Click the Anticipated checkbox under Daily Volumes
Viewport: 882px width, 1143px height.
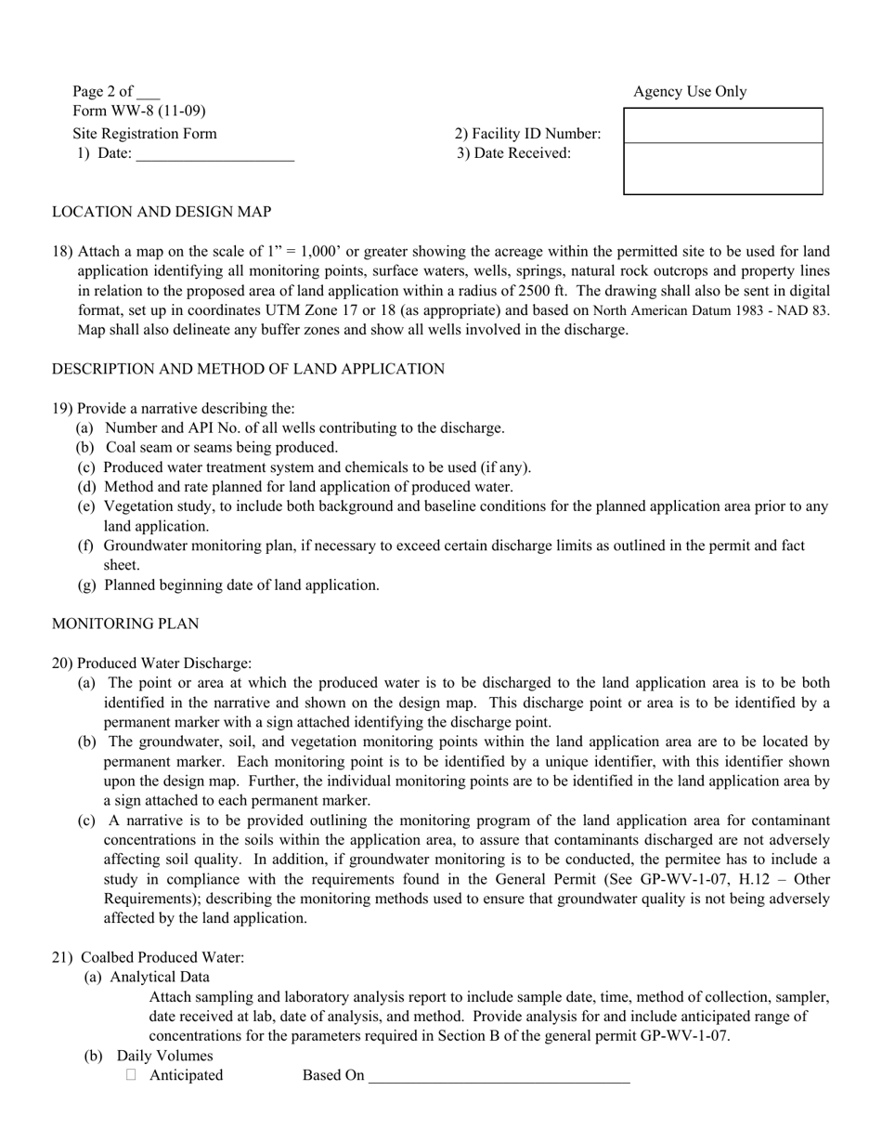tap(131, 1075)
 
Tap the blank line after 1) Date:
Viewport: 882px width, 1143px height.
tap(214, 154)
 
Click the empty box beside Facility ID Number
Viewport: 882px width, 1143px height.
tap(722, 126)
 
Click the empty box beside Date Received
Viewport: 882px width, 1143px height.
tap(722, 168)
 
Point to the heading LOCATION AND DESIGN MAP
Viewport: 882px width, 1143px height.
tap(162, 212)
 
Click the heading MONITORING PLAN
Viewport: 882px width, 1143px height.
tap(124, 624)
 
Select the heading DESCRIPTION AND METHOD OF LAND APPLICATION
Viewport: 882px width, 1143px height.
tap(248, 369)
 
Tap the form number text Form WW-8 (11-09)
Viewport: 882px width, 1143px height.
tap(139, 112)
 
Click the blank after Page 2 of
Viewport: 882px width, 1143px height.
tap(148, 92)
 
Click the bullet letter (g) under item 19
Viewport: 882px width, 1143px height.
tap(85, 585)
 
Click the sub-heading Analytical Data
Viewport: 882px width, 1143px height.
tap(160, 977)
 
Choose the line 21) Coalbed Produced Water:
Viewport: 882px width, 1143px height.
tap(149, 957)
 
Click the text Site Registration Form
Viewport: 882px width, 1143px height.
tap(145, 133)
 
